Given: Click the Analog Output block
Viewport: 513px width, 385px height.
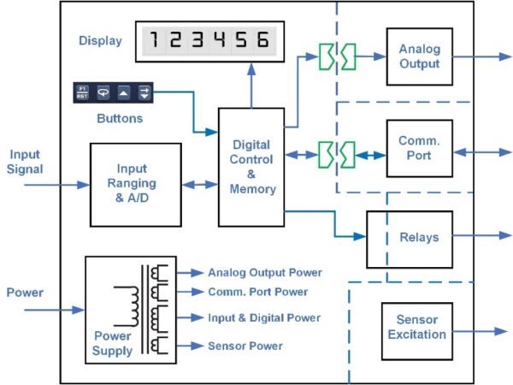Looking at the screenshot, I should pyautogui.click(x=419, y=56).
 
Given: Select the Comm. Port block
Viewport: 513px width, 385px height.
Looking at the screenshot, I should pyautogui.click(x=419, y=149).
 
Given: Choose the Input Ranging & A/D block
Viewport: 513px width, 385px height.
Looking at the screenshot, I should pyautogui.click(x=136, y=184).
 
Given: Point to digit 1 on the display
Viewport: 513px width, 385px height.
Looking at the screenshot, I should pyautogui.click(x=154, y=40).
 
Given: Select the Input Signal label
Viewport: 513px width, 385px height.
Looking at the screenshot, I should pyautogui.click(x=25, y=161).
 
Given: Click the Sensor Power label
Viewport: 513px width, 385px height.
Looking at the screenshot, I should pyautogui.click(x=245, y=346).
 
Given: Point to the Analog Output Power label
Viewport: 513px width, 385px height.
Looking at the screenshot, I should pyautogui.click(x=265, y=273).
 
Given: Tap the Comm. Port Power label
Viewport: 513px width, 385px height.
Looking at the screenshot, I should pyautogui.click(x=259, y=292).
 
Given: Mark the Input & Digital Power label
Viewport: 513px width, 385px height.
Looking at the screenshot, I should pyautogui.click(x=264, y=318).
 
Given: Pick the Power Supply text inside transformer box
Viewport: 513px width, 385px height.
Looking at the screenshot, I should pyautogui.click(x=112, y=344).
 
